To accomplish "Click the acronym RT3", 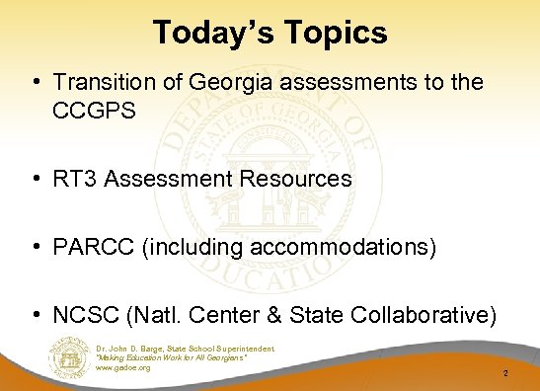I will (76, 179).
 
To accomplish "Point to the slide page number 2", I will (504, 374).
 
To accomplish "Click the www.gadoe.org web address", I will (123, 367).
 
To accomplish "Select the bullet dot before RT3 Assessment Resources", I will (36, 180).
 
